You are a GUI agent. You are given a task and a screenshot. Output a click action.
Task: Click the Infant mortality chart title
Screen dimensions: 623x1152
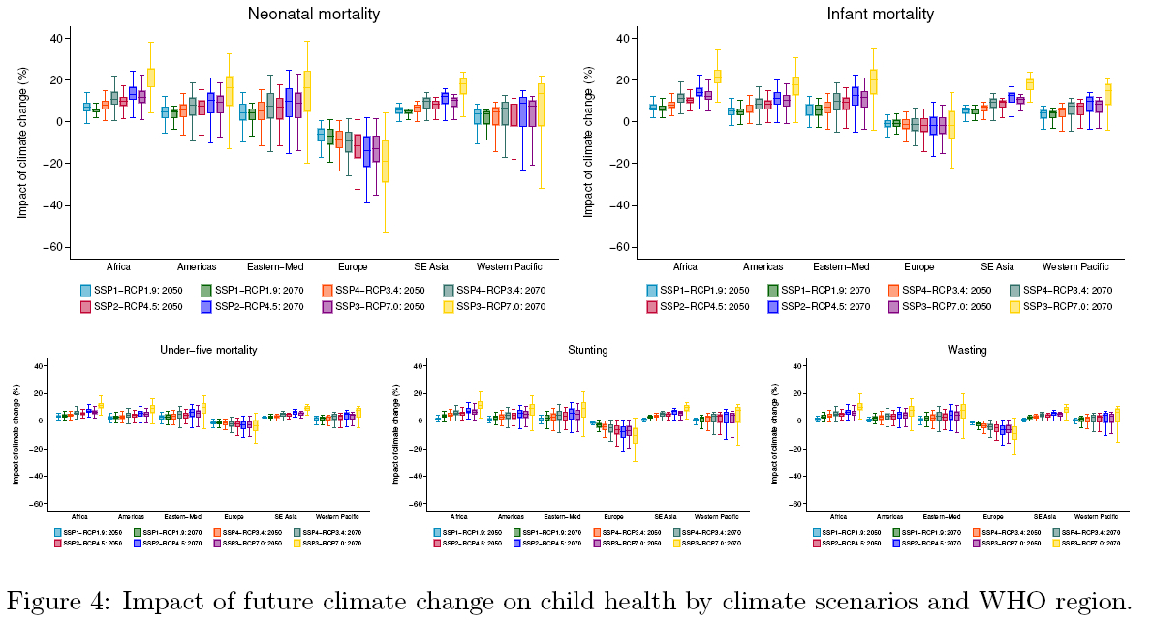click(x=866, y=14)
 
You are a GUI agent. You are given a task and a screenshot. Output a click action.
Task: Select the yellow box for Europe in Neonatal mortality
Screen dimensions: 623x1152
click(x=385, y=161)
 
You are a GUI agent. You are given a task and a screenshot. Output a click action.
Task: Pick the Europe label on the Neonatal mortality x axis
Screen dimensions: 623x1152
click(x=353, y=266)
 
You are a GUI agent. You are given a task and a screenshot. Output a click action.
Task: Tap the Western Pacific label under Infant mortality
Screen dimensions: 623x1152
click(x=1075, y=266)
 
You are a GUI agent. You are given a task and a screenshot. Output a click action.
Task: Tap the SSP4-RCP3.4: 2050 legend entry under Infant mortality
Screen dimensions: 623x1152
click(x=942, y=290)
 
